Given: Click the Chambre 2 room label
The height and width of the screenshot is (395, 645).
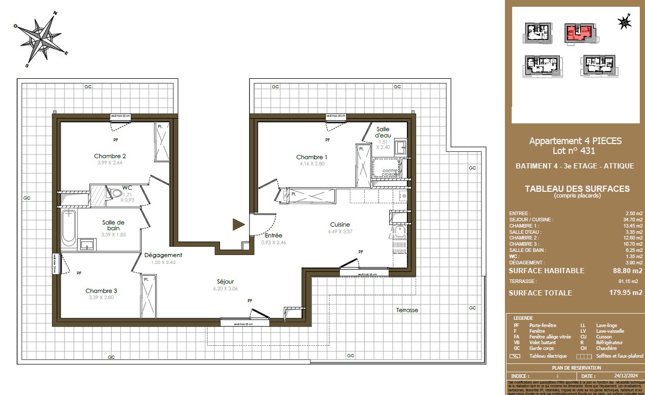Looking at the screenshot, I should (109, 156).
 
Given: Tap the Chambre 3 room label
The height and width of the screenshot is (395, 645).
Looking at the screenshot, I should (101, 291).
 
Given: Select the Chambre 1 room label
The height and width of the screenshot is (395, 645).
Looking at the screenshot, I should (312, 157).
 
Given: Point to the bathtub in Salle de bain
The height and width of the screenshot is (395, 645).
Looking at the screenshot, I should (68, 229).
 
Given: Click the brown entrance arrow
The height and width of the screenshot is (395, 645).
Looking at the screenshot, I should (238, 224).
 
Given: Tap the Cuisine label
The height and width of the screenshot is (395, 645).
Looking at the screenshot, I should (340, 224).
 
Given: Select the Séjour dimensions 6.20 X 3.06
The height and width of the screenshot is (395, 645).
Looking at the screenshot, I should (225, 289).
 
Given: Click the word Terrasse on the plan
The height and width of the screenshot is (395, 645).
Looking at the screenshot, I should (407, 310).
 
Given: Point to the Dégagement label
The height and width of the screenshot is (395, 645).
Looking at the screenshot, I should (163, 255).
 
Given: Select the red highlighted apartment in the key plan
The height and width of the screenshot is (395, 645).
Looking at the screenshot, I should (578, 33).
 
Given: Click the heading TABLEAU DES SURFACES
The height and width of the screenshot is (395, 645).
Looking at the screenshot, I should (577, 189).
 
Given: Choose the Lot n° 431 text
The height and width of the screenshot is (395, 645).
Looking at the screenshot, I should (575, 151).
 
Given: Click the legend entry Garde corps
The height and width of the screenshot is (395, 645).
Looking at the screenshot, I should (542, 348).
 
